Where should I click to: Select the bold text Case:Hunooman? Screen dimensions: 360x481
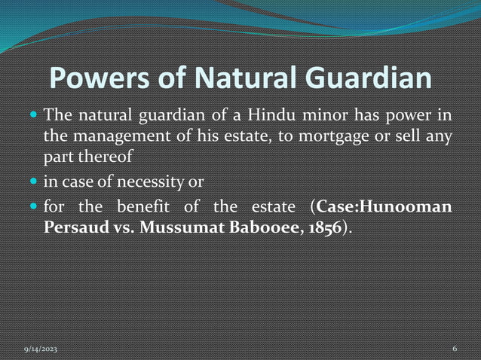[x=384, y=206]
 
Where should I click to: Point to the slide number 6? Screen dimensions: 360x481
[x=455, y=349]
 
